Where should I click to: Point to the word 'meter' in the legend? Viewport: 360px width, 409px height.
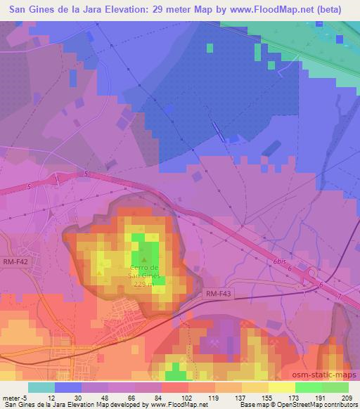point(10,397)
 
